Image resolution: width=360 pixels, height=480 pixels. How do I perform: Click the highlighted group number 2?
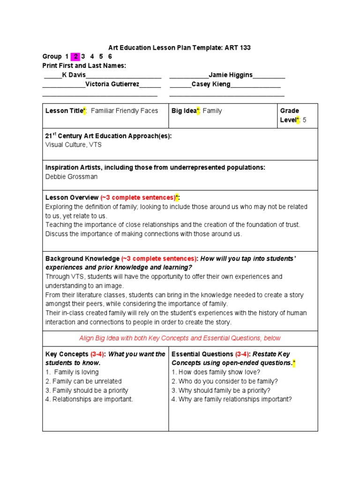click(x=75, y=57)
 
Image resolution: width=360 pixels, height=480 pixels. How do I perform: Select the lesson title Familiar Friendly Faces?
click(x=124, y=111)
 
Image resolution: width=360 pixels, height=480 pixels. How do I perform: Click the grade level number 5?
click(x=305, y=120)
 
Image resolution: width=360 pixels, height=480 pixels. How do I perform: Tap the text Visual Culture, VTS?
click(x=73, y=145)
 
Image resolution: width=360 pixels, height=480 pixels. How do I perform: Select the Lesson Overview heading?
click(x=72, y=198)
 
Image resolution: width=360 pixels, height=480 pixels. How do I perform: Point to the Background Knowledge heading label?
click(x=82, y=259)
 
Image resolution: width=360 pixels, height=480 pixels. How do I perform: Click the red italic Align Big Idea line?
click(x=180, y=338)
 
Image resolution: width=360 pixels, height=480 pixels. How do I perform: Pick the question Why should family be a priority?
click(x=221, y=390)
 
